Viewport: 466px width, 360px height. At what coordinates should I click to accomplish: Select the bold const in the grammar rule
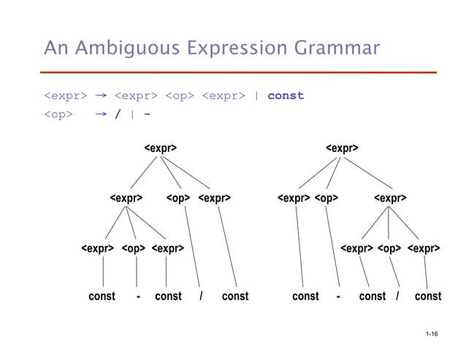[286, 96]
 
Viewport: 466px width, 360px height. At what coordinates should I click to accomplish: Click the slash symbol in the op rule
[118, 115]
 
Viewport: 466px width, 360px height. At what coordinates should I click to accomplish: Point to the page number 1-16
[430, 334]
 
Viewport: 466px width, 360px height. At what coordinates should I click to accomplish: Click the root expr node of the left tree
[160, 148]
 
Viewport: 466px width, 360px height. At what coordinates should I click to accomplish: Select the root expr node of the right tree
[342, 148]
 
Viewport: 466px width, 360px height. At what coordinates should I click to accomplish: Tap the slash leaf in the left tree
[201, 296]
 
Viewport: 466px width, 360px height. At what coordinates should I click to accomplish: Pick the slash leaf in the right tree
[397, 296]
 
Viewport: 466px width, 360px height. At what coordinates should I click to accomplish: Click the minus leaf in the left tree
[138, 296]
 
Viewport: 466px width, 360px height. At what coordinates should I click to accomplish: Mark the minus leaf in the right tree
[338, 296]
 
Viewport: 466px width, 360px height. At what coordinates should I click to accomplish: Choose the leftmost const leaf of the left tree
[102, 296]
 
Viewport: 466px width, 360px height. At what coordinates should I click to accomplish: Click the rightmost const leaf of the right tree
[427, 296]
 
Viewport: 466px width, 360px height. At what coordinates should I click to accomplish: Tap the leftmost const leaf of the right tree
[305, 296]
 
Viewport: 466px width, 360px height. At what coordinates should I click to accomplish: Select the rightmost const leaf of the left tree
[234, 296]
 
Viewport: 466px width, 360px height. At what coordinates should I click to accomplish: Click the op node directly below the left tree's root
[178, 198]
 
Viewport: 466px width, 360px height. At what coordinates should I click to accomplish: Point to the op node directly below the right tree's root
[326, 198]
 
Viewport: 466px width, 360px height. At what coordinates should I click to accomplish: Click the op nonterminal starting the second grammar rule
[58, 115]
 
